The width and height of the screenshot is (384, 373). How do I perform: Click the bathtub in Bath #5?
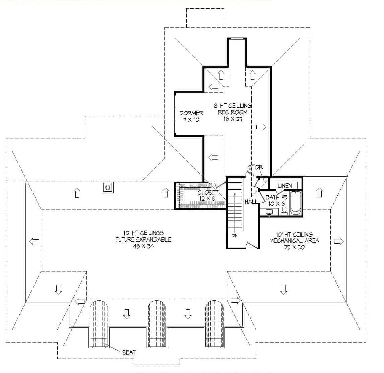296,203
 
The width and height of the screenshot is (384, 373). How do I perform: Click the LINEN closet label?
285,186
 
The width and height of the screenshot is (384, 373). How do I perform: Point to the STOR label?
255,167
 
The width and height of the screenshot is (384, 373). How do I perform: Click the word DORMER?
191,113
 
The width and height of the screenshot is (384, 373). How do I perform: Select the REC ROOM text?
233,112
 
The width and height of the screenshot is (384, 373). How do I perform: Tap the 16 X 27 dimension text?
233,119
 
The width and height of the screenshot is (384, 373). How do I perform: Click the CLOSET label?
208,192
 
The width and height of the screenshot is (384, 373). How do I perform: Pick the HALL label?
251,201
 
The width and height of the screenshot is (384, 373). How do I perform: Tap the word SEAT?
129,352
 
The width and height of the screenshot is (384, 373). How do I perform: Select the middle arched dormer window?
156,323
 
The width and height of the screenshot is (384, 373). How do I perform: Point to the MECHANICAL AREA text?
294,241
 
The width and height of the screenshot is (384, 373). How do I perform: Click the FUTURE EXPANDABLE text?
143,240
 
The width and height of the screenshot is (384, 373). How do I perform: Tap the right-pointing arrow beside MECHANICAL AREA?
338,241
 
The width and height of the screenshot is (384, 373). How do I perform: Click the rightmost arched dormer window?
214,323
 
